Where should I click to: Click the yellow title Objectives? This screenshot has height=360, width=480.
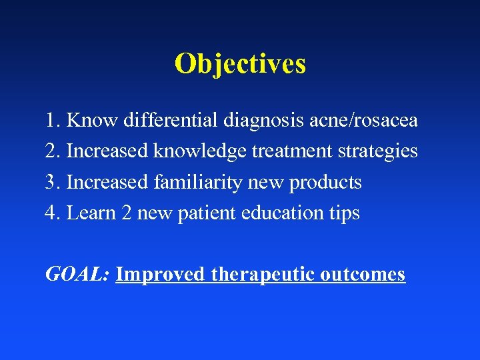[x=240, y=64]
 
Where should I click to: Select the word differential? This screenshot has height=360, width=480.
[x=163, y=121]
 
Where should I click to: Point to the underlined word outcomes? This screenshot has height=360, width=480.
[x=363, y=275]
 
